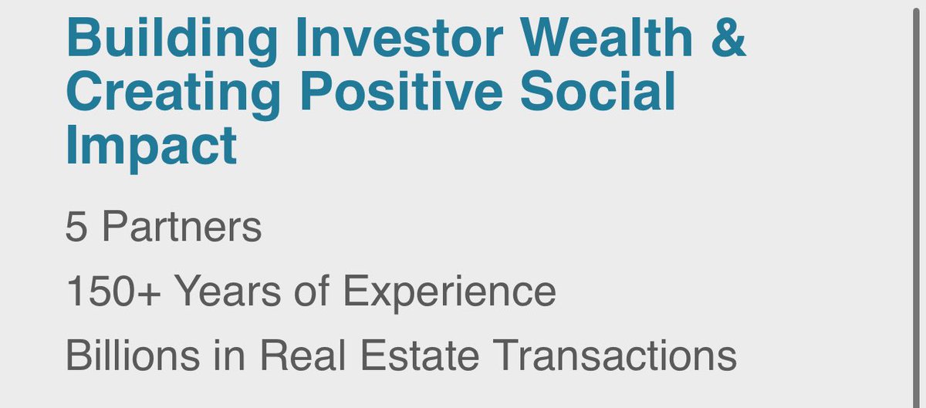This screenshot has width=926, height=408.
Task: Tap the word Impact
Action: point(151,147)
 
